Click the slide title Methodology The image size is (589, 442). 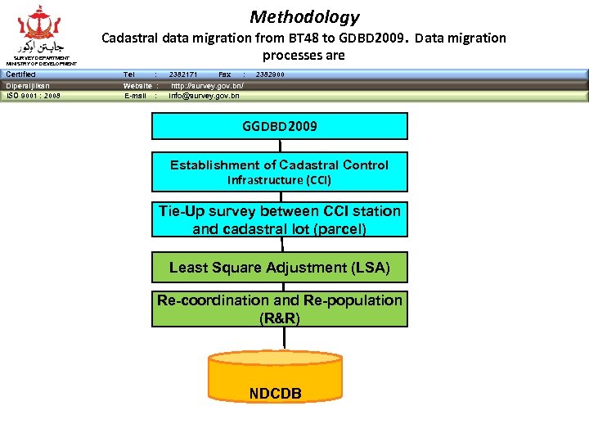[x=304, y=16]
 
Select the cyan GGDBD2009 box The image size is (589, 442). [x=279, y=126]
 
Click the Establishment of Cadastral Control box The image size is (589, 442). [x=279, y=172]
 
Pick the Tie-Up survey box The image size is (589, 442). [x=279, y=220]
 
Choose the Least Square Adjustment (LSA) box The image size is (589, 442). [x=279, y=268]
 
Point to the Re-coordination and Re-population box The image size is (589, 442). [x=279, y=309]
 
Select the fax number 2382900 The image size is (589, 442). [x=270, y=74]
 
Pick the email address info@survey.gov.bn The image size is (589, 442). [x=204, y=96]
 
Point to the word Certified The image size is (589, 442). [x=20, y=74]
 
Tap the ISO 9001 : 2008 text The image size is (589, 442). [x=33, y=96]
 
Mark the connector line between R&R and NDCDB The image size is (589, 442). [x=284, y=338]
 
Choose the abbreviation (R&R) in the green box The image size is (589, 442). [x=279, y=318]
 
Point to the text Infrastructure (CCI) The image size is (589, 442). [x=279, y=180]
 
